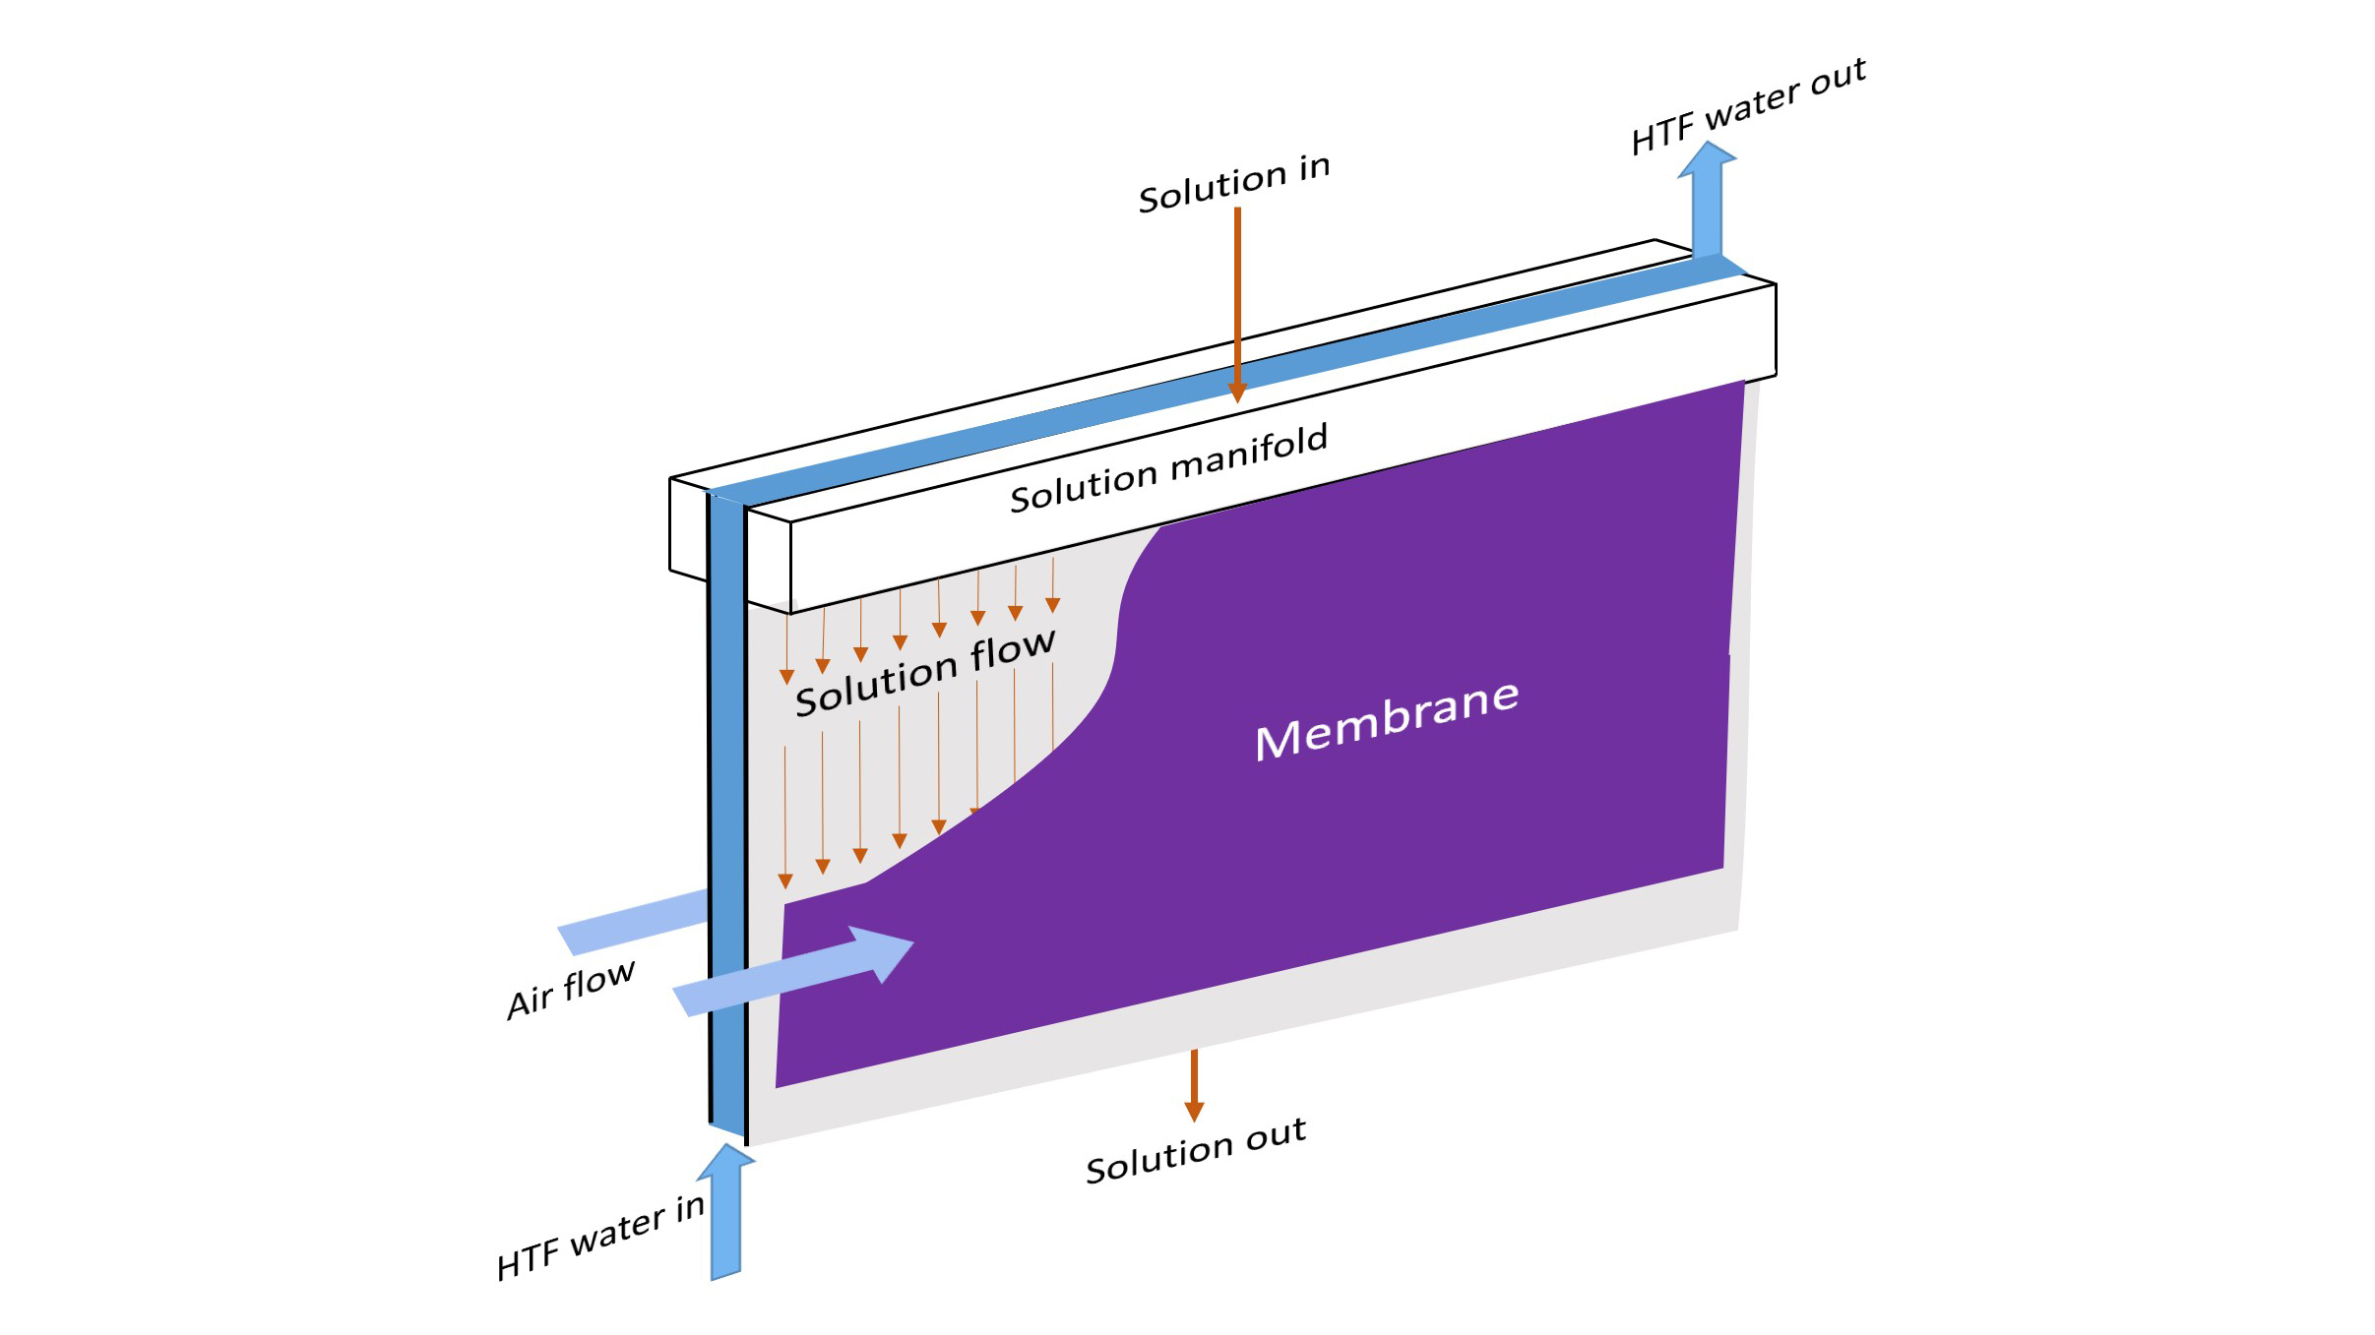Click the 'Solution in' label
1234,182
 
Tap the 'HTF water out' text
1748,105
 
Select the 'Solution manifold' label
1169,467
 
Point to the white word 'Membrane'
1387,719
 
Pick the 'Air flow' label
571,989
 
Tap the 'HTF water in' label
600,1236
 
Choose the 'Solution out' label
1196,1149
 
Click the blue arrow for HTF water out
1708,200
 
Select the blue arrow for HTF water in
726,1212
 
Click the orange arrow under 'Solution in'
1237,305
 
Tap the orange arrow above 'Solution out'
1194,1085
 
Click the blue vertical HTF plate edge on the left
727,812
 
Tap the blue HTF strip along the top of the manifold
1225,378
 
